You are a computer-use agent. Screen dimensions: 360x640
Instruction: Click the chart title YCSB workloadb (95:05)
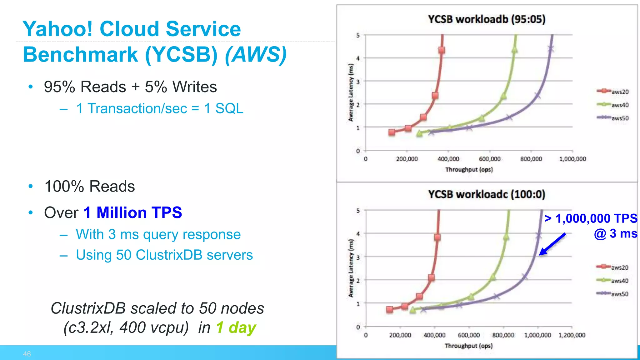tap(486, 19)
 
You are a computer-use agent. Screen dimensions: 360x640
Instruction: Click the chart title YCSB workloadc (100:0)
tap(486, 194)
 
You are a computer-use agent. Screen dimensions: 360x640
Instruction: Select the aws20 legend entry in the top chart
tap(613, 92)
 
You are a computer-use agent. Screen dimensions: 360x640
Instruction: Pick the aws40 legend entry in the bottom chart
tap(612, 281)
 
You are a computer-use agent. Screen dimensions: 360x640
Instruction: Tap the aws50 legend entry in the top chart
tap(613, 118)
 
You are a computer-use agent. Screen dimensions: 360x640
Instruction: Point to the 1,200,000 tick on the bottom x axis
tap(572, 335)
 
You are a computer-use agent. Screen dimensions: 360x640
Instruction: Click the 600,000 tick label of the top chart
tap(489, 159)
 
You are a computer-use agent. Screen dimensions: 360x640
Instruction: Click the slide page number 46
tap(27, 354)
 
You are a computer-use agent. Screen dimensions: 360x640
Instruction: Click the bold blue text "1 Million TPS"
tap(133, 213)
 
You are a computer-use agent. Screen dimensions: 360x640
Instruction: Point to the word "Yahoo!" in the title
tap(57, 29)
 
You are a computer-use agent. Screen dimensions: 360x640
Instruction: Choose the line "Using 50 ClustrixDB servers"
tap(164, 255)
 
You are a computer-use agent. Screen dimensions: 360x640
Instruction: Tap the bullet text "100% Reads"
tap(90, 187)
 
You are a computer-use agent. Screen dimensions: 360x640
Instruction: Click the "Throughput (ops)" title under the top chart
tap(469, 170)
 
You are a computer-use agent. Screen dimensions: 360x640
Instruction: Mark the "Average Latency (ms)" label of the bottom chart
tap(351, 268)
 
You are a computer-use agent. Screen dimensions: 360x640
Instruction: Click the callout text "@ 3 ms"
tap(615, 234)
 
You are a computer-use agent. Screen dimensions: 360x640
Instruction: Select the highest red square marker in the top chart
tap(442, 50)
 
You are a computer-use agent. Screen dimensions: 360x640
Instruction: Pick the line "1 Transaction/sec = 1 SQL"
tap(159, 108)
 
